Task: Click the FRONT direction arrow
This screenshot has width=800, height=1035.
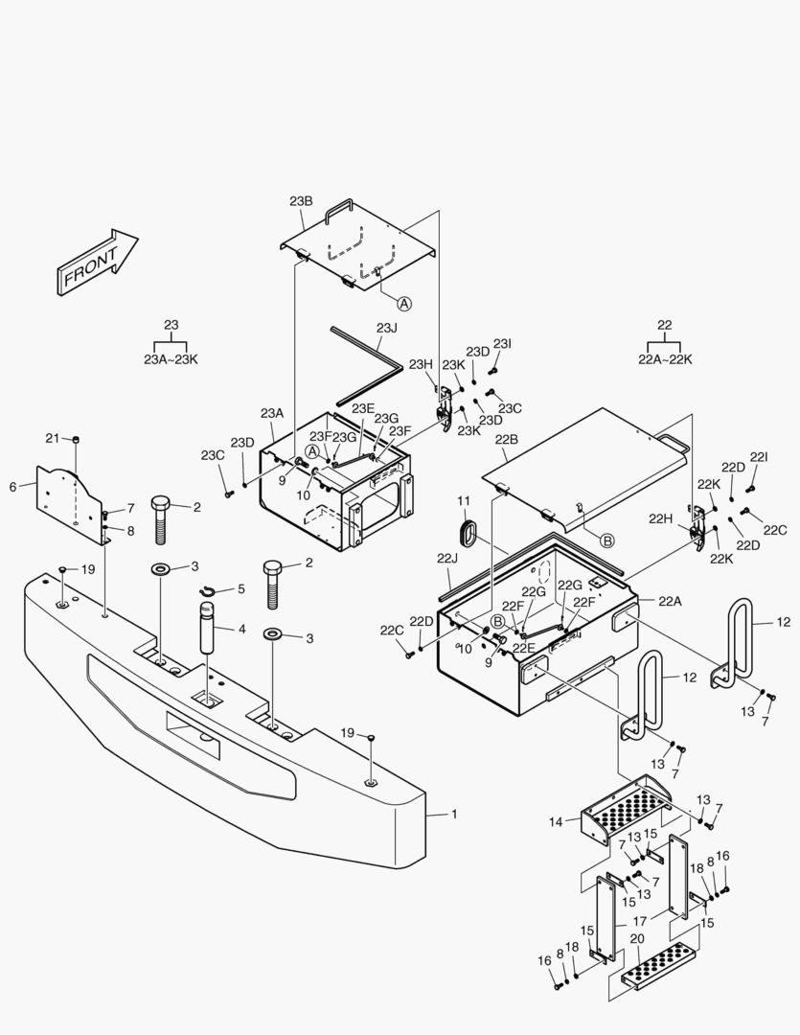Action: pos(97,262)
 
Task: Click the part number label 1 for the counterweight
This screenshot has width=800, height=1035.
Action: pos(454,814)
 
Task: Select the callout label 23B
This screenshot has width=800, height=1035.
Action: pos(301,201)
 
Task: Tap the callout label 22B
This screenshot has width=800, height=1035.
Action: pos(507,440)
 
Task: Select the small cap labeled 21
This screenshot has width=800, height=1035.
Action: pos(77,440)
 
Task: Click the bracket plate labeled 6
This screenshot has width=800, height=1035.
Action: pos(72,501)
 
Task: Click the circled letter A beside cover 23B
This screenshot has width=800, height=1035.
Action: pos(404,303)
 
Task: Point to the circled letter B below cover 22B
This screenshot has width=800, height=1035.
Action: pos(606,541)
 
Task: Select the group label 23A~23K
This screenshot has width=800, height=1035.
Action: pos(171,359)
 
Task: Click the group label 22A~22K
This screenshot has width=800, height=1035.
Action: pos(664,359)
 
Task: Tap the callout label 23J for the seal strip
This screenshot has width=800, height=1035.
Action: pos(386,328)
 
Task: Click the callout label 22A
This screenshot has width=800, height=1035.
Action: pos(671,600)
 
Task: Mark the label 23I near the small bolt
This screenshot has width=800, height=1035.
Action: pos(502,343)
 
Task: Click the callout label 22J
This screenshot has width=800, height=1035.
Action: pos(447,558)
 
